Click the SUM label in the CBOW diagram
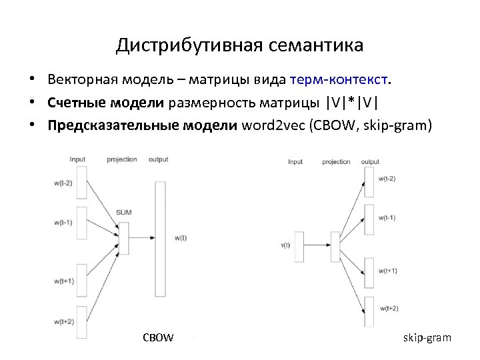pos(123,212)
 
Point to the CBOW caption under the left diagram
pos(158,337)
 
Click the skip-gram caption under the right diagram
pos(427,337)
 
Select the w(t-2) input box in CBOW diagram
pos(83,183)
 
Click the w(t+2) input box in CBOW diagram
pos(83,321)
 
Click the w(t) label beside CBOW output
pos(180,237)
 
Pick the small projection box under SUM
pos(123,238)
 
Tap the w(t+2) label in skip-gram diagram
pos(388,308)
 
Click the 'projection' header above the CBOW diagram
pos(121,159)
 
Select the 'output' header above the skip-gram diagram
pos(370,162)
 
